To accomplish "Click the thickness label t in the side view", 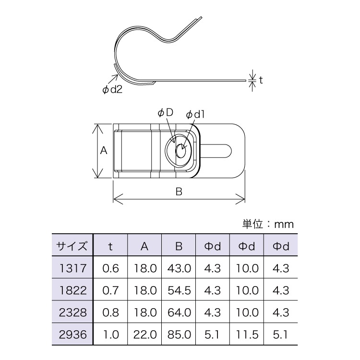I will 261,80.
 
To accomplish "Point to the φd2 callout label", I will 113,90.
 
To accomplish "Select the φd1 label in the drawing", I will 195,114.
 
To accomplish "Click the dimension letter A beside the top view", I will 103,151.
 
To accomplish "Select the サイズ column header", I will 72,247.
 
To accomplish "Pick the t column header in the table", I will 110,247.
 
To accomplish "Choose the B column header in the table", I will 179,247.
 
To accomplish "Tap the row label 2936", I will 72,335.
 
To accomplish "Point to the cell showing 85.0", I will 179,335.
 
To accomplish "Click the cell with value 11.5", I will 247,335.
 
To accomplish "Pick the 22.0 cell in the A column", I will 144,335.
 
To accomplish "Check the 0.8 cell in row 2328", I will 110,312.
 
